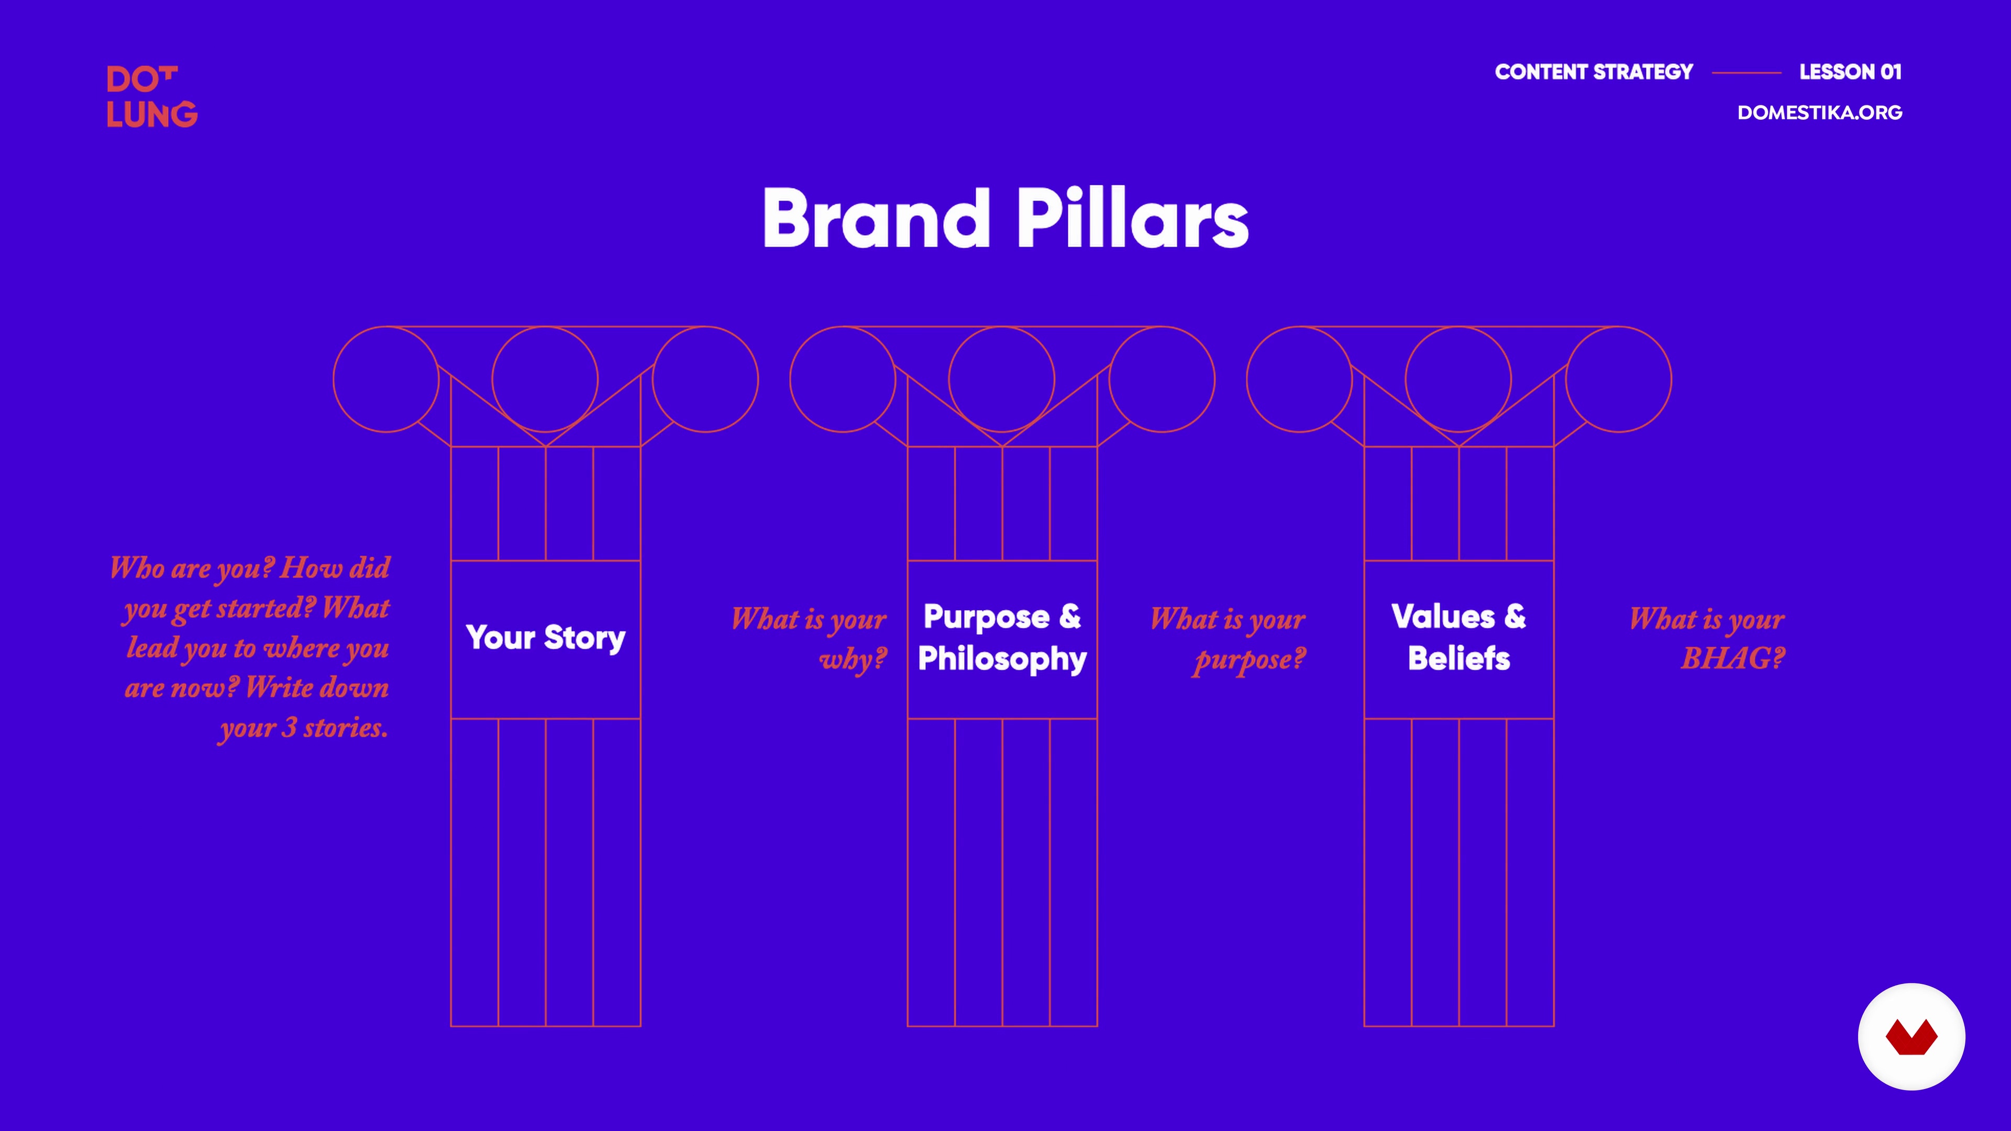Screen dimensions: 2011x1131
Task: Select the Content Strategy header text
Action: pyautogui.click(x=1593, y=72)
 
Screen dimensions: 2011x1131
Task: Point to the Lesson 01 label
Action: pyautogui.click(x=1850, y=72)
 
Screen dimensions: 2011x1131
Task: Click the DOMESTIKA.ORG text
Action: pyautogui.click(x=1820, y=113)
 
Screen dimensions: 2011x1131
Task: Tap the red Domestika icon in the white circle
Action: pyautogui.click(x=1911, y=1037)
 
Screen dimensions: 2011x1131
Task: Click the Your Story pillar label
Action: pyautogui.click(x=546, y=638)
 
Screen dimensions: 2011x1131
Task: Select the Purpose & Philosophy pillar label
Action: pyautogui.click(x=1002, y=638)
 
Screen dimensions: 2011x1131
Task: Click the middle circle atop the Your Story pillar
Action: pyautogui.click(x=545, y=327)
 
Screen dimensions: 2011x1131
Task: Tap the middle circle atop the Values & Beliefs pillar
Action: pyautogui.click(x=1458, y=327)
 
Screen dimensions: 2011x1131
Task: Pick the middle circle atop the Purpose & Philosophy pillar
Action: pyautogui.click(x=1002, y=327)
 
